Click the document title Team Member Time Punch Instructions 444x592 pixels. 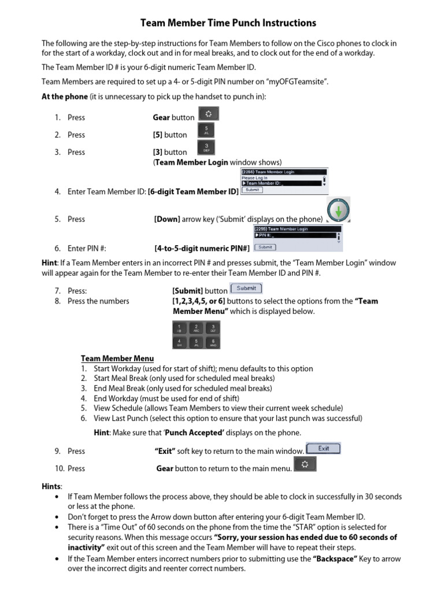(x=228, y=23)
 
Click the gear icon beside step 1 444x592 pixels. (x=208, y=113)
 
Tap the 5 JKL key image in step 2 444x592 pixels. (x=207, y=131)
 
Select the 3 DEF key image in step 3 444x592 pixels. (x=207, y=148)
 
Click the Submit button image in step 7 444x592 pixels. (x=246, y=288)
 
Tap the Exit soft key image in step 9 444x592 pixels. (x=323, y=448)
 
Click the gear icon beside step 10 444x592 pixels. (x=305, y=465)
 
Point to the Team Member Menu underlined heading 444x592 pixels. (x=117, y=358)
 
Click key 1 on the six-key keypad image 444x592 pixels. (x=179, y=328)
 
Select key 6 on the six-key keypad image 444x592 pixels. (x=213, y=342)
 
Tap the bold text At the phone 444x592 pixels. (x=65, y=97)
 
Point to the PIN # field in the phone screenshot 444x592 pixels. (x=295, y=236)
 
